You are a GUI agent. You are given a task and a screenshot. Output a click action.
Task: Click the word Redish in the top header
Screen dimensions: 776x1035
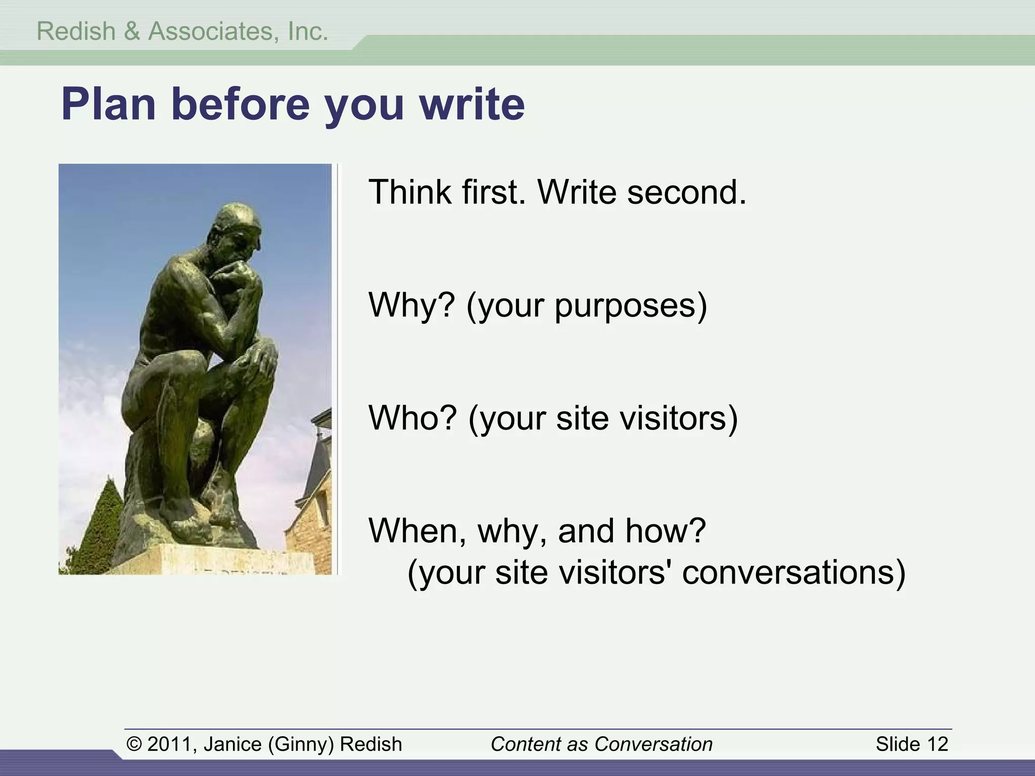coord(76,31)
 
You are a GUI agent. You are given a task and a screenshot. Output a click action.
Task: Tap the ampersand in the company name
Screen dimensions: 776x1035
coord(131,31)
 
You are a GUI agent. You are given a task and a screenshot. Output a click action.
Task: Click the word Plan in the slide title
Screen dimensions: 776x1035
coord(108,105)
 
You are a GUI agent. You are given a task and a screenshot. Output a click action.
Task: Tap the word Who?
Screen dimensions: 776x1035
coord(412,418)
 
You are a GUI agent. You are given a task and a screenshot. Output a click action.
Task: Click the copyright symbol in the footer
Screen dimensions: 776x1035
coord(134,744)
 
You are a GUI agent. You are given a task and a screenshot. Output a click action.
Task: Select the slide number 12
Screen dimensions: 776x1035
coord(937,744)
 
